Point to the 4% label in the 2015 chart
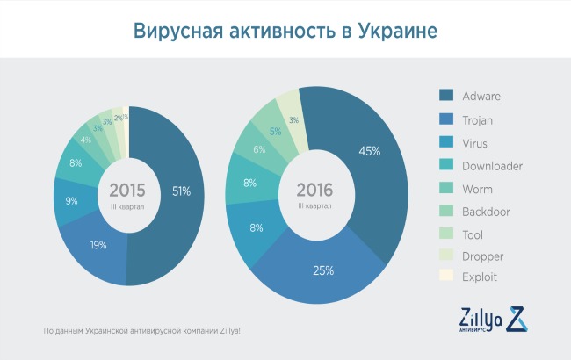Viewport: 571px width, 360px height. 85,140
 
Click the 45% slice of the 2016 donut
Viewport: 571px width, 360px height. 369,151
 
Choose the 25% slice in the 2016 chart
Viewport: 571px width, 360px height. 323,270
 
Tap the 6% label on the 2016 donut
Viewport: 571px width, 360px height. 259,149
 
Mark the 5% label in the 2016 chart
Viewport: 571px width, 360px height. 275,132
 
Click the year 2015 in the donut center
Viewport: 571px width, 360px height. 127,191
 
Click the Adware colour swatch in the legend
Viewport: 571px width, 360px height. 445,97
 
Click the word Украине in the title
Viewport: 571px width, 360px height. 394,32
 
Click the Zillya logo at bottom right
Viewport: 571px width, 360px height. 493,321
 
